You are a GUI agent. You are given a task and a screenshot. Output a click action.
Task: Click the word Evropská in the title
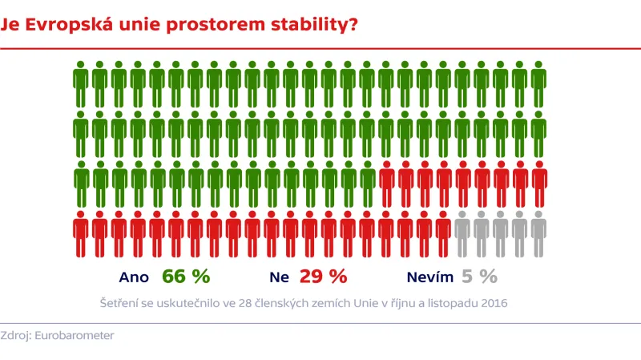pos(59,24)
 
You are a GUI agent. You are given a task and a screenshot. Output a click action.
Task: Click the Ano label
pos(134,277)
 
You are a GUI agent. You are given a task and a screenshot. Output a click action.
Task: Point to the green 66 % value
pos(185,277)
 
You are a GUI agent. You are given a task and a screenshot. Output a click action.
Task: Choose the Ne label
pos(279,277)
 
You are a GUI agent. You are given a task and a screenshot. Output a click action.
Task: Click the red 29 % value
pos(323,277)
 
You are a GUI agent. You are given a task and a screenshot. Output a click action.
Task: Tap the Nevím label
pos(429,277)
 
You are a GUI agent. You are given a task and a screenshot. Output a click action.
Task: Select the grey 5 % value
pos(478,277)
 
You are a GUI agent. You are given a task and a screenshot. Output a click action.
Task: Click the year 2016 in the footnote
pos(494,304)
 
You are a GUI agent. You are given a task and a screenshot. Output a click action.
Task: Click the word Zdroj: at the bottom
pos(18,336)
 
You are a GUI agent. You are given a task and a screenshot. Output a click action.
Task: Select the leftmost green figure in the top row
pos(80,84)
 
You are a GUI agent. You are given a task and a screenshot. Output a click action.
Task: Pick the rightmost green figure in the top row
pos(538,84)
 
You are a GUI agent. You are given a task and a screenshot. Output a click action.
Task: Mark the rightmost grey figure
pos(538,234)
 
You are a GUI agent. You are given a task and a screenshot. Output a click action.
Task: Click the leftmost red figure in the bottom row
pos(80,234)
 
